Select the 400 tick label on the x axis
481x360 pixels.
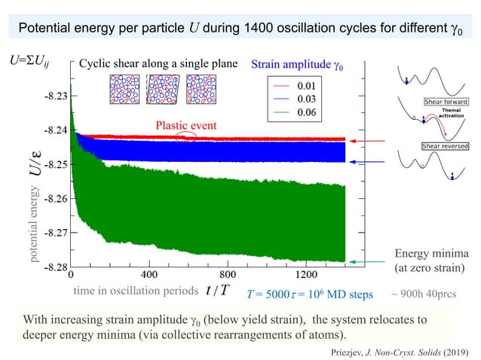149,275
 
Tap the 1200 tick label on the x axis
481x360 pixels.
307,275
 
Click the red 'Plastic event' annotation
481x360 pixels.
187,124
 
